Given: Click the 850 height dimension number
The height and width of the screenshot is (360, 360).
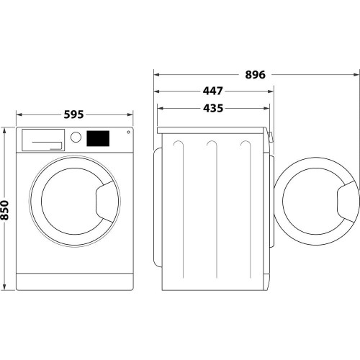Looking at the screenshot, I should (6, 210).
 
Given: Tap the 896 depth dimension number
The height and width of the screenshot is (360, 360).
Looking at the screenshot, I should (256, 75).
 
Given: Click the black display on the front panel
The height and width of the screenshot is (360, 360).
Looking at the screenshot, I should (98, 138).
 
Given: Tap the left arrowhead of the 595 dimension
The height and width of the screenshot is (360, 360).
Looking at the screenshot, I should (19, 114).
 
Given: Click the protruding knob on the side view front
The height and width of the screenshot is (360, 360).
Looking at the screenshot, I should (271, 138).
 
